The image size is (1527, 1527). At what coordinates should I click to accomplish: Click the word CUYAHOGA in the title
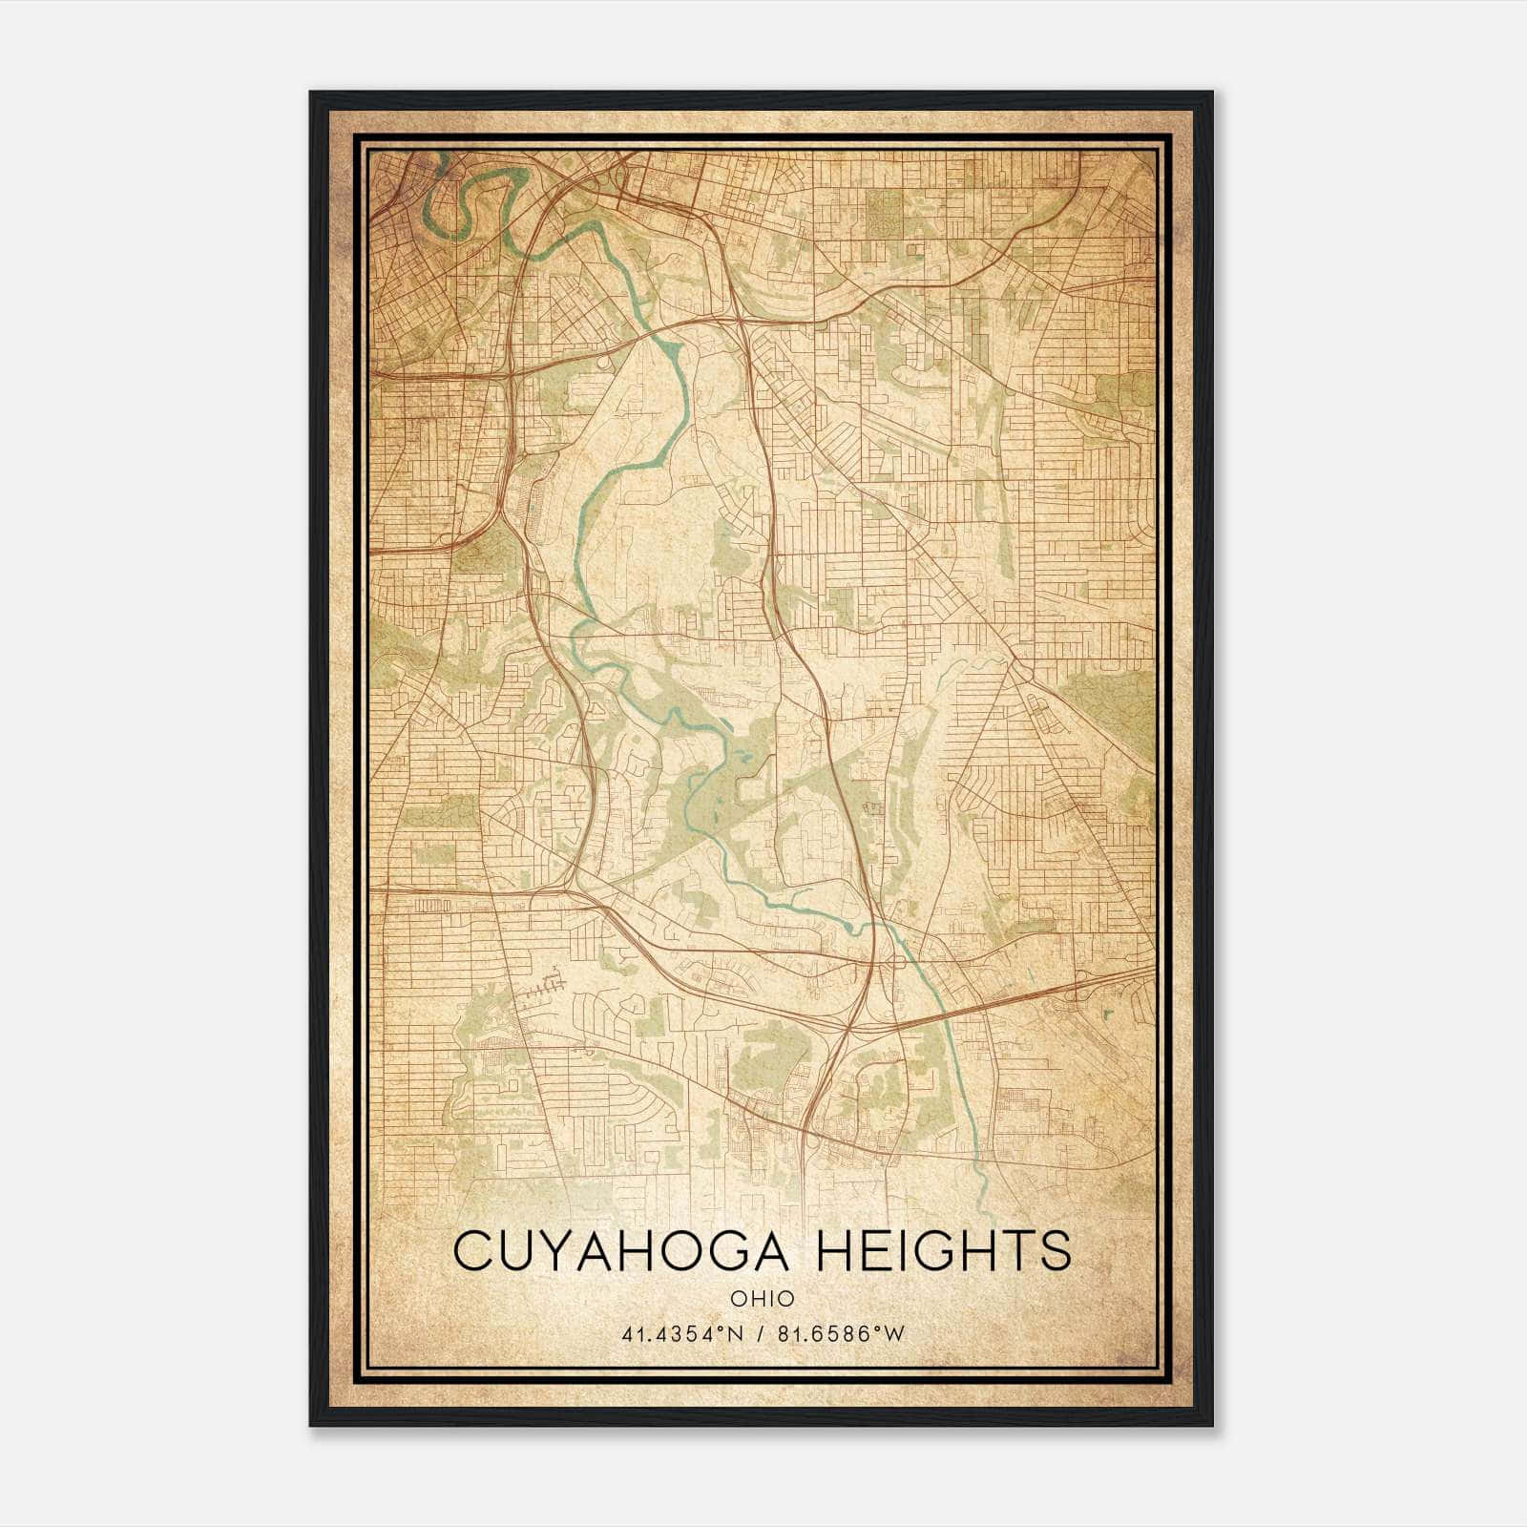coord(623,1251)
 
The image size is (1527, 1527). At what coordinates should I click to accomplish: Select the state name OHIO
coord(762,1298)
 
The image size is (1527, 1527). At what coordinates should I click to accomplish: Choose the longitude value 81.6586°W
coord(840,1334)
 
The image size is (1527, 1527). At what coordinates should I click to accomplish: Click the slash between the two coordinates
coord(760,1334)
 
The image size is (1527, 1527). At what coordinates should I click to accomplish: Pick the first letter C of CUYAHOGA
coord(474,1251)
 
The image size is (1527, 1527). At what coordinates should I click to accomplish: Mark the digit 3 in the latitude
coord(680,1334)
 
